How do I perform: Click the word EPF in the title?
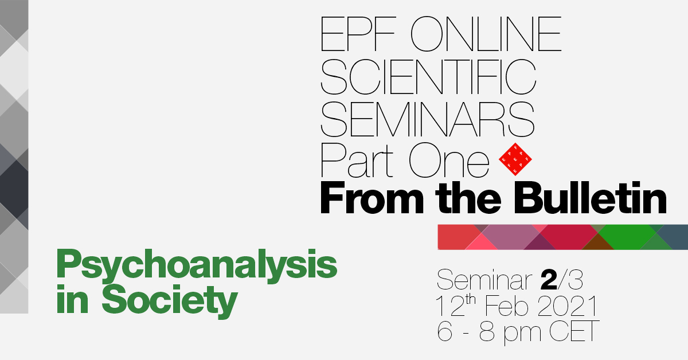coord(358,34)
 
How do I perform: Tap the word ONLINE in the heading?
coord(486,34)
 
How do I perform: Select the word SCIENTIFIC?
coord(428,76)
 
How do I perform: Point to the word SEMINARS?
coord(428,119)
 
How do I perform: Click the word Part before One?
coord(357,160)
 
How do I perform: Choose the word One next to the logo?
coord(449,160)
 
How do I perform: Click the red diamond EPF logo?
coord(515,159)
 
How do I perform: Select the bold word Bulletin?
coord(590,198)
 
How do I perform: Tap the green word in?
coord(72,299)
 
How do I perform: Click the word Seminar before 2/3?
coord(484,280)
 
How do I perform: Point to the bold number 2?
coord(549,280)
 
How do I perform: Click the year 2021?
coord(568,306)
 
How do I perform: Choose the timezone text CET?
coord(574,331)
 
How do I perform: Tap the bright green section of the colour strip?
coord(627,237)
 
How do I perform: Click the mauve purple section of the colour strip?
coord(510,237)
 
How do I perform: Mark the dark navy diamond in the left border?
coord(14,189)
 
